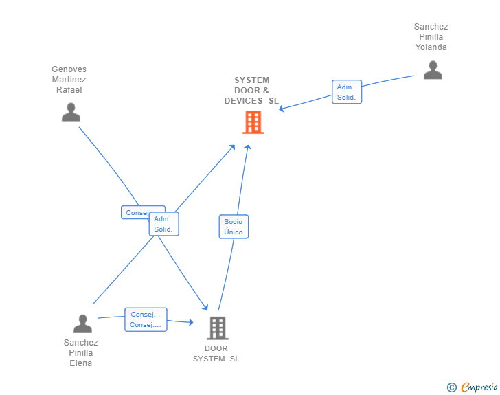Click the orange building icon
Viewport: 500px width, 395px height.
[x=253, y=122]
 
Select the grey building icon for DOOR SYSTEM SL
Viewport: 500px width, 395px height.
[x=218, y=328]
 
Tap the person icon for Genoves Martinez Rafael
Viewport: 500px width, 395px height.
[x=71, y=112]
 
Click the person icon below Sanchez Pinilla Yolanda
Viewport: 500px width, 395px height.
[x=433, y=70]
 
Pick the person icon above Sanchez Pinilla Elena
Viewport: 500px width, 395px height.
[x=82, y=324]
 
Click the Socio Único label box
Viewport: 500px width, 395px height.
[x=234, y=227]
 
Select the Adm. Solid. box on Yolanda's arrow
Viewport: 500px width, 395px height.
[x=346, y=92]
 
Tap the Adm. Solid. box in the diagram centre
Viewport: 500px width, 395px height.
[x=163, y=224]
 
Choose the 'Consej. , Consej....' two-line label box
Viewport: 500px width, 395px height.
[x=146, y=319]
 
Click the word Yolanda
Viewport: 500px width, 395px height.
[x=431, y=47]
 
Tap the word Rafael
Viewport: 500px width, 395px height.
[x=69, y=90]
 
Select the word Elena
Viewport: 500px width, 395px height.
[x=81, y=363]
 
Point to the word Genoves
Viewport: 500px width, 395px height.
[x=69, y=69]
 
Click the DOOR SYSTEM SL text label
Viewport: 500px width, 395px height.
[x=216, y=353]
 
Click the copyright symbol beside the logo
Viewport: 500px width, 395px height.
[x=451, y=387]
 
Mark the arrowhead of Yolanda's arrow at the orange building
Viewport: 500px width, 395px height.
[x=282, y=109]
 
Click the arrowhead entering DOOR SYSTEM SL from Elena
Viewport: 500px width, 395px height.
[x=192, y=322]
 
